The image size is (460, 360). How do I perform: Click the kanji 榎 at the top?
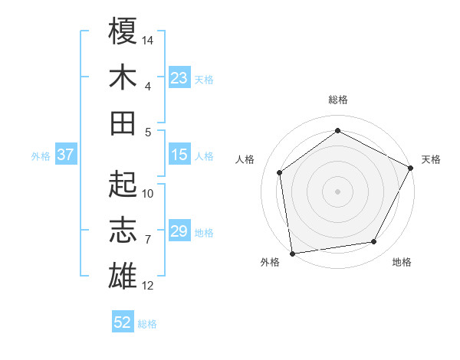pos(123,31)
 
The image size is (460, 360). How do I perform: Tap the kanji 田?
pos(123,122)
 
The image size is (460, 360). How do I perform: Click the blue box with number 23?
pos(179,77)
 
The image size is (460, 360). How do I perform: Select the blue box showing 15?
pos(179,155)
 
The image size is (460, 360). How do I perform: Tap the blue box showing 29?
pos(179,231)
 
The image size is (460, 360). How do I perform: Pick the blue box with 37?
pos(65,155)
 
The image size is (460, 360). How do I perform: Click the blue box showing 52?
pos(123,322)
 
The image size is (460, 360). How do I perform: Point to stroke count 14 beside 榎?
pos(149,39)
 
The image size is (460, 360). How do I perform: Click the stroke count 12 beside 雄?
pos(149,286)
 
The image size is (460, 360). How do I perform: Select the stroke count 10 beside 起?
pos(149,193)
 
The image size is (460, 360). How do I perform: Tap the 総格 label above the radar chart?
pos(337,100)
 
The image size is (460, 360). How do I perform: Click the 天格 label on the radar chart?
pos(431,159)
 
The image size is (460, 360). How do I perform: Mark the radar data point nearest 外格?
pos(292,253)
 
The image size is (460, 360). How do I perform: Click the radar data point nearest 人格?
pos(280,172)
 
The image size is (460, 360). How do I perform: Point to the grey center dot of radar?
pos(337,191)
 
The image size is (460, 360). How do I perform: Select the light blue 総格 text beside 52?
pos(147,324)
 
